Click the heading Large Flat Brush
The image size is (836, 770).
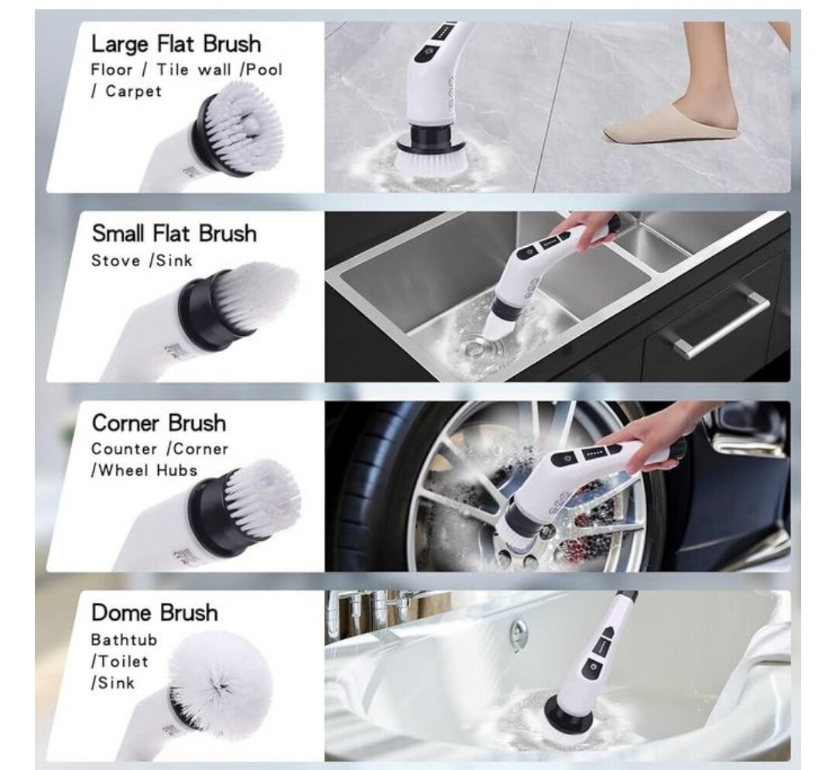point(176,43)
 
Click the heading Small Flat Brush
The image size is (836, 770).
point(174,233)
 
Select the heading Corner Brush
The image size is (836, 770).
point(159,423)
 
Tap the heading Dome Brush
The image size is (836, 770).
point(155,613)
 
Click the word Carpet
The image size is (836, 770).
point(133,91)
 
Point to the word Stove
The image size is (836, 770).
point(116,260)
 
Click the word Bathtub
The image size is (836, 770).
point(124,640)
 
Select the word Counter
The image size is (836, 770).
point(124,449)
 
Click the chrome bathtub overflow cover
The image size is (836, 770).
point(519,635)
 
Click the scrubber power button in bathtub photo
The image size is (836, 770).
point(595,666)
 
